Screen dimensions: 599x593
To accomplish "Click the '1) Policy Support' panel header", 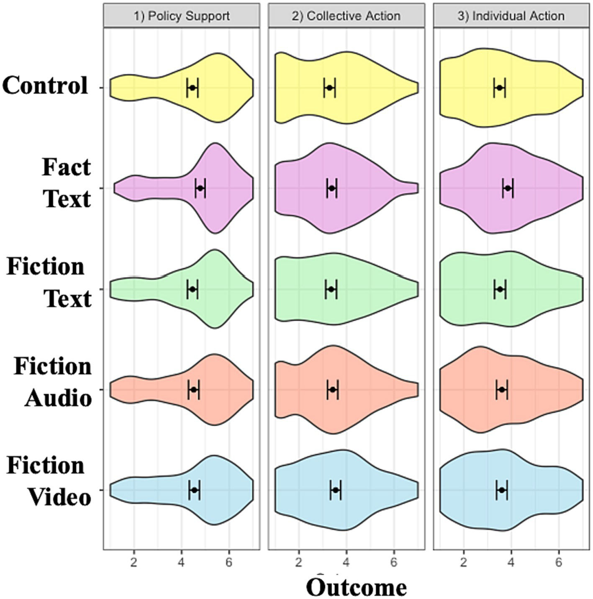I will click(181, 16).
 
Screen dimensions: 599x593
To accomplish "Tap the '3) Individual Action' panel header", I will click(511, 16).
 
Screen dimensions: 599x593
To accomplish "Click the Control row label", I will click(45, 85).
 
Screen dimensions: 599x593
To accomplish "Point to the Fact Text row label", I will click(67, 183).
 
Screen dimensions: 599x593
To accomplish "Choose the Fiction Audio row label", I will click(53, 382).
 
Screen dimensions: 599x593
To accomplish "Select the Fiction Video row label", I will click(49, 481).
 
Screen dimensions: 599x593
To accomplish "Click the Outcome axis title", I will click(356, 587).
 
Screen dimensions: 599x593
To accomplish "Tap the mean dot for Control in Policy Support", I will click(193, 87).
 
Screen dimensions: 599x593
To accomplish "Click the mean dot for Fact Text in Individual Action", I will click(508, 188).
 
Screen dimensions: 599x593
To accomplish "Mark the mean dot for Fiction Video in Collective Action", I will click(335, 490).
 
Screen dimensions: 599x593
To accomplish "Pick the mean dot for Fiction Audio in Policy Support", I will click(193, 389).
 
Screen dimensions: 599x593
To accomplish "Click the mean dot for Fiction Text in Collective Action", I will click(331, 289).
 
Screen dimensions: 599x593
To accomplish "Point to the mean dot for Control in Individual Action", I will click(499, 87).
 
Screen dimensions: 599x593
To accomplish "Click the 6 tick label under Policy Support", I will click(229, 562).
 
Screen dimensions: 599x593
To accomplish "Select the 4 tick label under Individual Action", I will click(511, 562).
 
